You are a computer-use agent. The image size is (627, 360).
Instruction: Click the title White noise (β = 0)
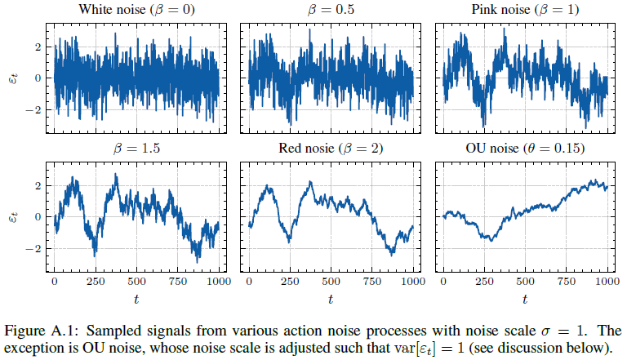click(x=136, y=11)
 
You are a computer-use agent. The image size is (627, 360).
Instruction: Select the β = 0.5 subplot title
click(x=330, y=11)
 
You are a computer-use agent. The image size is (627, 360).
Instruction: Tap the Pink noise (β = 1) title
click(x=525, y=11)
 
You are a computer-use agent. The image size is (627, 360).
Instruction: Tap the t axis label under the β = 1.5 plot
click(x=136, y=300)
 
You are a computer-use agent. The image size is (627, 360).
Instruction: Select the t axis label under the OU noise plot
click(x=525, y=300)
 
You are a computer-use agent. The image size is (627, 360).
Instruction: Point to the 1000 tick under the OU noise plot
click(x=607, y=281)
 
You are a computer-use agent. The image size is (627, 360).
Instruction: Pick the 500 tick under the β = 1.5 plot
click(x=136, y=281)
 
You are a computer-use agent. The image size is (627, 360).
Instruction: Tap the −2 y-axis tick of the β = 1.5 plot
click(x=34, y=247)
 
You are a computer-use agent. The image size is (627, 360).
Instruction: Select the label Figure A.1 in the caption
click(x=43, y=331)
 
